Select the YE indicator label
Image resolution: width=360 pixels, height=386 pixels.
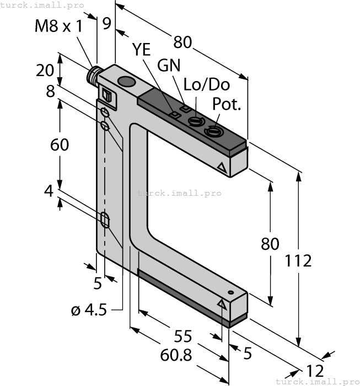(142, 50)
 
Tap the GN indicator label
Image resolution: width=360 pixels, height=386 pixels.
(169, 65)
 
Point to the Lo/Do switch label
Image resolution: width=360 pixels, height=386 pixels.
(207, 85)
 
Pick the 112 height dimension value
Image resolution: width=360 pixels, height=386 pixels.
(299, 261)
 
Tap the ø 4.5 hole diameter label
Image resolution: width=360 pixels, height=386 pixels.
(88, 310)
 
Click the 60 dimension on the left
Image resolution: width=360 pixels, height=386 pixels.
(60, 145)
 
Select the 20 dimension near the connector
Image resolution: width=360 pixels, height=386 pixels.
(45, 70)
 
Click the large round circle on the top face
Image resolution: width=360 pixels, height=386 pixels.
(127, 83)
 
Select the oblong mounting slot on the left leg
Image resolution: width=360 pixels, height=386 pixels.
(105, 220)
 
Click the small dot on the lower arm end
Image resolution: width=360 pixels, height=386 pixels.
(231, 292)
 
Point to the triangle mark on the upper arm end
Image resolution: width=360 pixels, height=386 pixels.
(222, 167)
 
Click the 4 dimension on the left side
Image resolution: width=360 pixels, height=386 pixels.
(49, 191)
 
